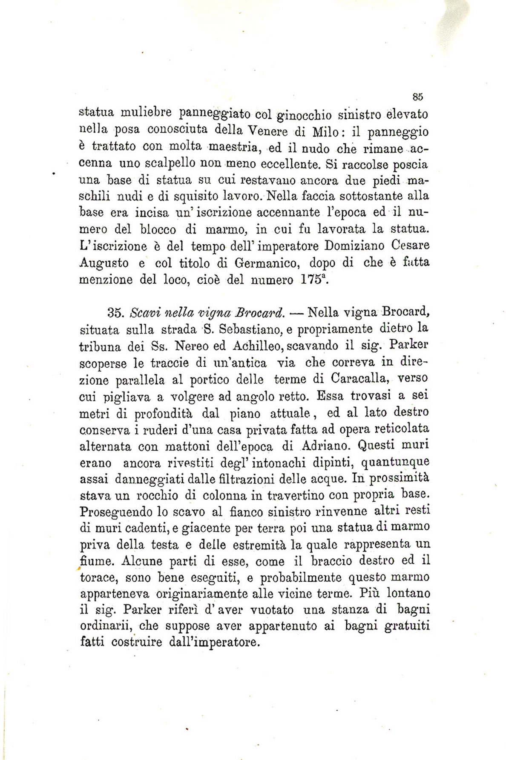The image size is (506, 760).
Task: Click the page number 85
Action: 417,97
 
